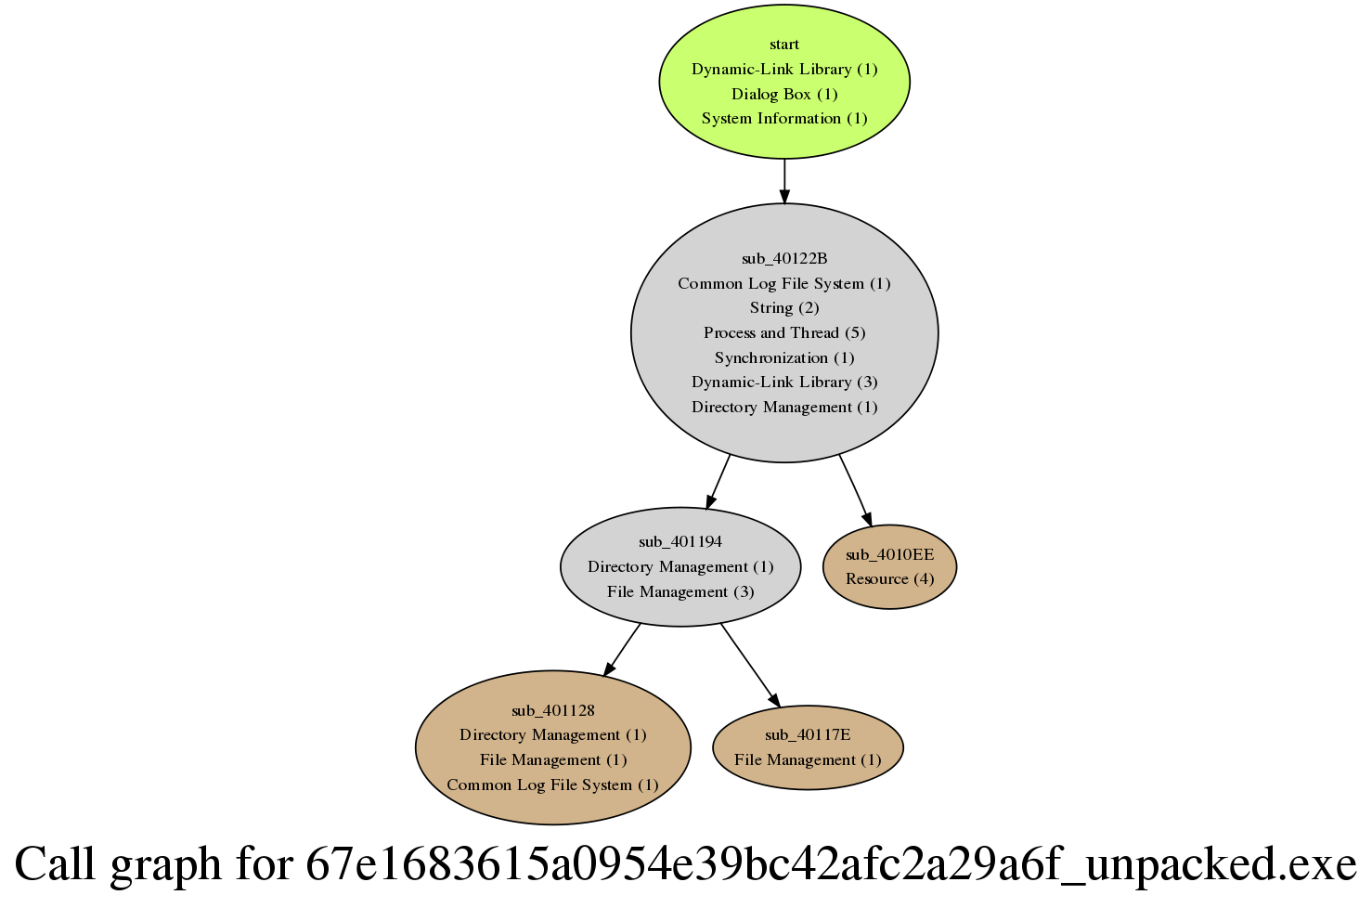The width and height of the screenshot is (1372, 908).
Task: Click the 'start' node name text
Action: pyautogui.click(x=784, y=45)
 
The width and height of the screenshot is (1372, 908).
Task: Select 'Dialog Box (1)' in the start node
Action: pyautogui.click(x=784, y=94)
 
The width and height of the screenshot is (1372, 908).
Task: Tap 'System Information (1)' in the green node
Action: pyautogui.click(x=784, y=119)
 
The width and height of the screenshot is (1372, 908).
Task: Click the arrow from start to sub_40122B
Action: pyautogui.click(x=784, y=181)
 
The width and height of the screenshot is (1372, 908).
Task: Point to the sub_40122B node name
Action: pyautogui.click(x=784, y=258)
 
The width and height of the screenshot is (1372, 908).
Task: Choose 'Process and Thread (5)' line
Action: pyautogui.click(x=784, y=332)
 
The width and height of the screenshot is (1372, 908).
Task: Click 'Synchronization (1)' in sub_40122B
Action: pyautogui.click(x=784, y=357)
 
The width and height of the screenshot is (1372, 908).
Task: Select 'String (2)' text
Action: pyautogui.click(x=784, y=307)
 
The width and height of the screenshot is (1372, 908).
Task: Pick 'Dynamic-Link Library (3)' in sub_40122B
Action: pyautogui.click(x=784, y=382)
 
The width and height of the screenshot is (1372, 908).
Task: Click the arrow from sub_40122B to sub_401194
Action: pyautogui.click(x=718, y=482)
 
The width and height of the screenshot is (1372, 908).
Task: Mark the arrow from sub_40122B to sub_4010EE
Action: pyautogui.click(x=855, y=490)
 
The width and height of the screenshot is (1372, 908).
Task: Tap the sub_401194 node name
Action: pyautogui.click(x=680, y=541)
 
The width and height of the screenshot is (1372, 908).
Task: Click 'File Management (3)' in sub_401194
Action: pyautogui.click(x=680, y=591)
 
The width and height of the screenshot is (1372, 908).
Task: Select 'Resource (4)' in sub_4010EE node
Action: pyautogui.click(x=889, y=578)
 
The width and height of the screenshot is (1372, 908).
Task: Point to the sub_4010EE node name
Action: pyautogui.click(x=889, y=554)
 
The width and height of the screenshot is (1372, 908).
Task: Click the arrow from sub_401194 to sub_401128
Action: pyautogui.click(x=622, y=650)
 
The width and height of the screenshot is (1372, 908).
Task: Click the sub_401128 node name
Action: pyautogui.click(x=553, y=710)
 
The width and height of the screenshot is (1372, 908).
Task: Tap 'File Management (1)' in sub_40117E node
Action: pyautogui.click(x=808, y=759)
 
